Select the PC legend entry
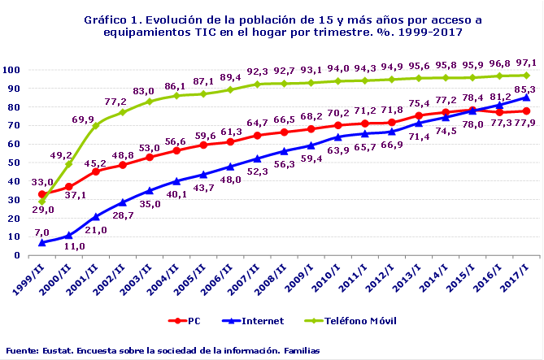[x=186, y=321]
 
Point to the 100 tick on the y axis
[x=13, y=70]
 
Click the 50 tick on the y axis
[x=15, y=163]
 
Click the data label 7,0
[x=41, y=233]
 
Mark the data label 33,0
[x=42, y=183]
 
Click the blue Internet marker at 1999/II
[x=42, y=242]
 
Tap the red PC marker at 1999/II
[x=42, y=194]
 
